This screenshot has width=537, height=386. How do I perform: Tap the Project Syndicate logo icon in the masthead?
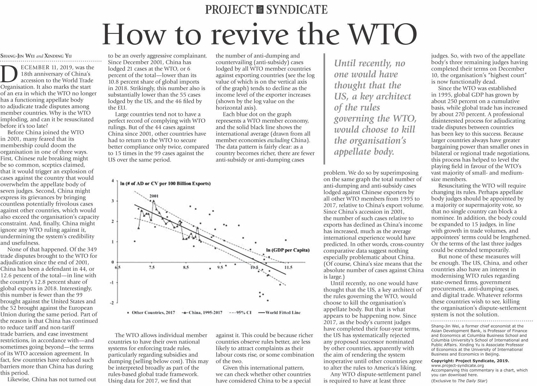click(260, 10)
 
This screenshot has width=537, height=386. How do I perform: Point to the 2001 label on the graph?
click(154, 196)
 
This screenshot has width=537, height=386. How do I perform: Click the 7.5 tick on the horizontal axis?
click(152, 268)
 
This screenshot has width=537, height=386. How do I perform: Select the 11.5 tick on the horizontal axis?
click(288, 268)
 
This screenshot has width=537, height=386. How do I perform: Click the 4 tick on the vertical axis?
click(112, 181)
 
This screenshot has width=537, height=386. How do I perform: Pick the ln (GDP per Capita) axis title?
click(288, 250)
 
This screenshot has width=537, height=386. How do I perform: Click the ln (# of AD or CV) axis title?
click(165, 184)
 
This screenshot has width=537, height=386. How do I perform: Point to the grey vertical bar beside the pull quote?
click(324, 109)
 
